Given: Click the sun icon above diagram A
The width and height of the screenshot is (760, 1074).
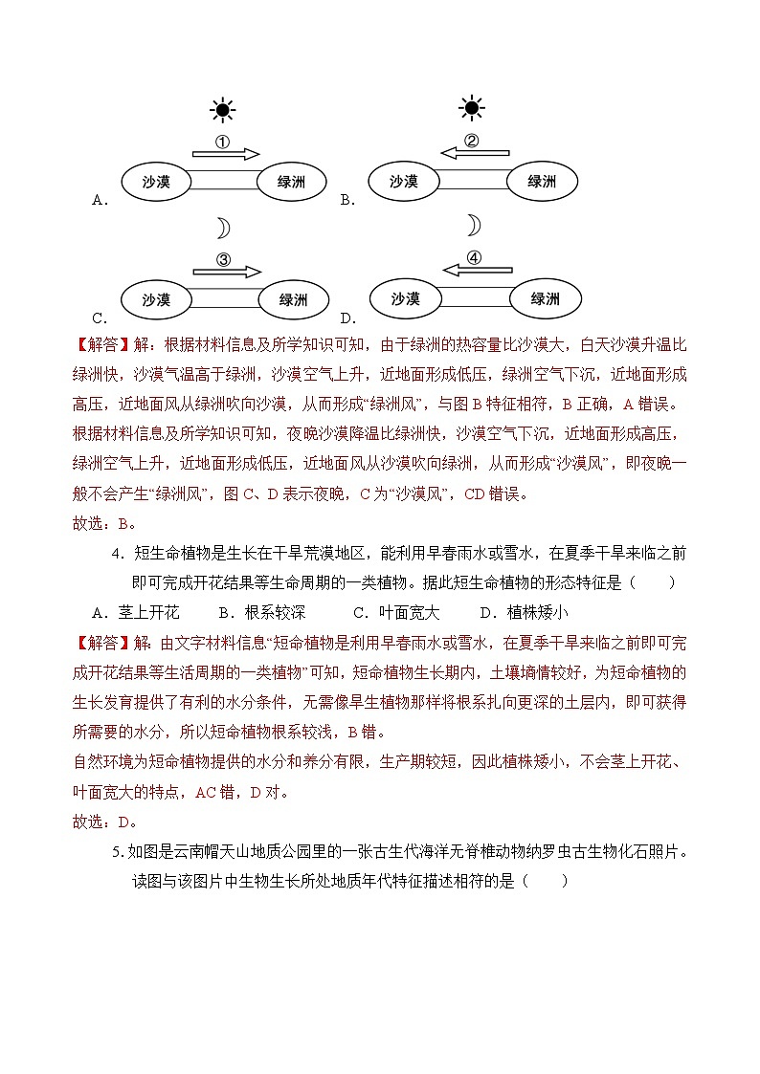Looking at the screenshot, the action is (x=222, y=111).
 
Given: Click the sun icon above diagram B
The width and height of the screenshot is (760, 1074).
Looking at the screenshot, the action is (x=471, y=108).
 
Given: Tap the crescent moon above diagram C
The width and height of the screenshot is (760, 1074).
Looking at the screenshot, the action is (x=222, y=228).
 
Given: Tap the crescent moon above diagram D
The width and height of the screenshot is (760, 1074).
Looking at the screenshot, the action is (x=472, y=226).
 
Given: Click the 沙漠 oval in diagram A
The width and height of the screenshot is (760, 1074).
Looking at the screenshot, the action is (x=156, y=181).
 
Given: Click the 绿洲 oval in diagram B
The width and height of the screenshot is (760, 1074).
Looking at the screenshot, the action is (x=542, y=181).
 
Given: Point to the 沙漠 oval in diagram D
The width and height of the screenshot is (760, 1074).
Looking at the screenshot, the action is (x=406, y=299).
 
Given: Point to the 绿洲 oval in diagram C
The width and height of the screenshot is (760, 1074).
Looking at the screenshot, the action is (x=293, y=299).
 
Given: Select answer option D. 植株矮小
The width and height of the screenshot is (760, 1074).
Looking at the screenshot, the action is (x=523, y=613).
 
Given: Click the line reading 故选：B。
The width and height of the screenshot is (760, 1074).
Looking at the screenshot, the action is (x=104, y=523).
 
